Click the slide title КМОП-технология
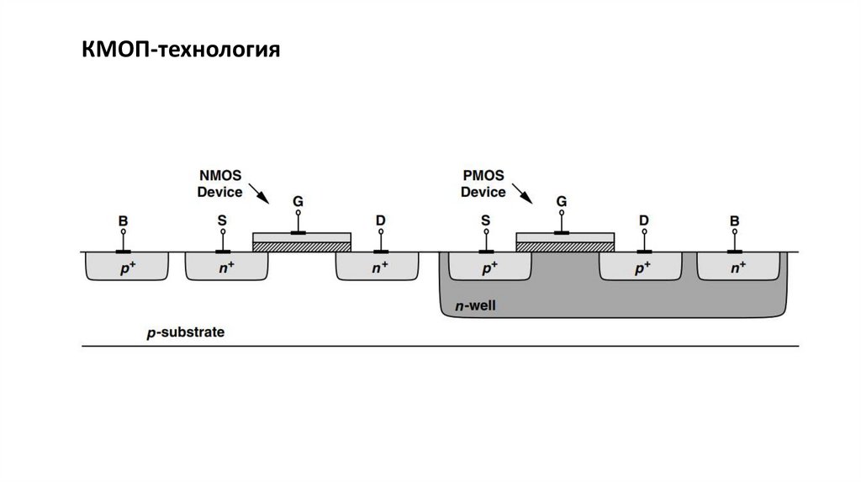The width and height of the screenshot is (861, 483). tap(180, 51)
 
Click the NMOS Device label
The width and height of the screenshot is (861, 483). tap(219, 183)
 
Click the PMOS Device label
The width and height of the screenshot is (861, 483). tap(483, 183)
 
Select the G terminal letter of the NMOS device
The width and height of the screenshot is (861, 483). tap(298, 202)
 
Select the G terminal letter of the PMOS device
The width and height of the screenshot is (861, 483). tap(561, 202)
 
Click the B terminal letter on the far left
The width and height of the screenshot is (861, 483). tap(123, 221)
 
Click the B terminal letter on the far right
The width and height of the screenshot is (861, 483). tap(735, 221)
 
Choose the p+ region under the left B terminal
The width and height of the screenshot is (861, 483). tap(125, 267)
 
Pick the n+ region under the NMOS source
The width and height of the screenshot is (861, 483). tap(225, 267)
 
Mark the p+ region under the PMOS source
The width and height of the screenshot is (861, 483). tap(489, 267)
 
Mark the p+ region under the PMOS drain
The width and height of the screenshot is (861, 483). tap(640, 267)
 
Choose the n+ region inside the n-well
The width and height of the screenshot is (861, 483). tap(737, 267)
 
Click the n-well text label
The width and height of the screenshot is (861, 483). tap(476, 306)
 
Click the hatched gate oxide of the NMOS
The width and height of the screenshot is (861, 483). tap(301, 247)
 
